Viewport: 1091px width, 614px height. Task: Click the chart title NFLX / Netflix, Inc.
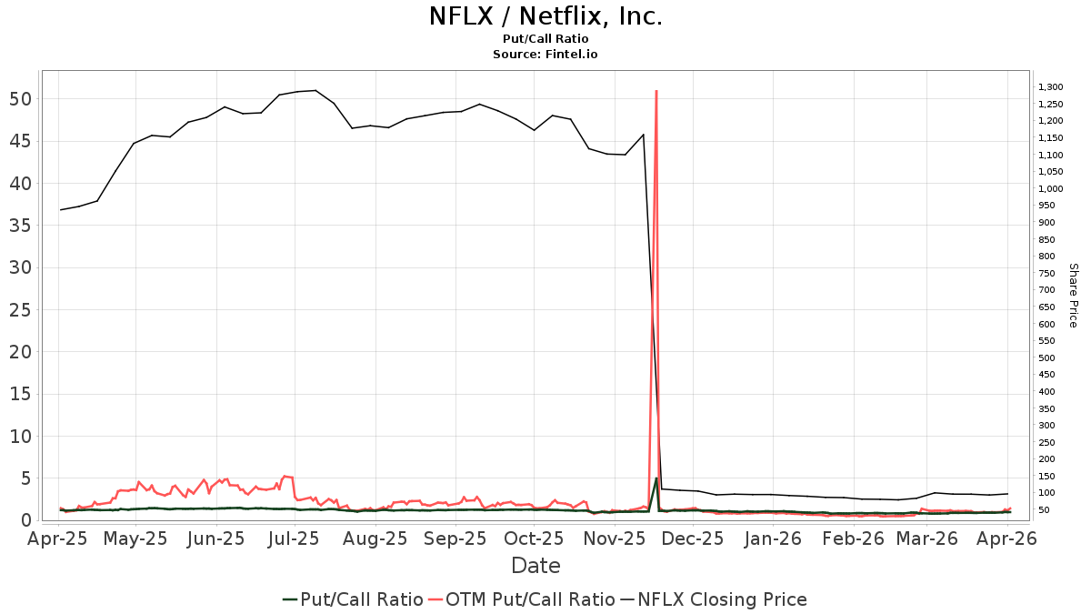point(545,16)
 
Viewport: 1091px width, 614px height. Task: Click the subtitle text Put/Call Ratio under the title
point(545,39)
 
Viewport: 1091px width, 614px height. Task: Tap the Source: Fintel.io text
point(545,55)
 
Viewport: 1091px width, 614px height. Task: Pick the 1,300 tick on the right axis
point(1050,87)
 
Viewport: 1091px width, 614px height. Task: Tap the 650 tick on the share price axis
point(1046,307)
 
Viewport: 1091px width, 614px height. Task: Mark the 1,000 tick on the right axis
point(1050,189)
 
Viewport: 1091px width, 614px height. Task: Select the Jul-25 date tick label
point(292,539)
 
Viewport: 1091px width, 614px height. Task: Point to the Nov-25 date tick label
point(614,539)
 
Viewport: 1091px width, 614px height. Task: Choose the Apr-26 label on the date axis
point(1006,539)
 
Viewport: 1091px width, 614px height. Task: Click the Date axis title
point(535,566)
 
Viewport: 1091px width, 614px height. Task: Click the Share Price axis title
point(1073,296)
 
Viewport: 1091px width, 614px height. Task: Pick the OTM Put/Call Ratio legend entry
point(521,599)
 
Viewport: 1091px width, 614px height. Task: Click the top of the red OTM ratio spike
point(656,91)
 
